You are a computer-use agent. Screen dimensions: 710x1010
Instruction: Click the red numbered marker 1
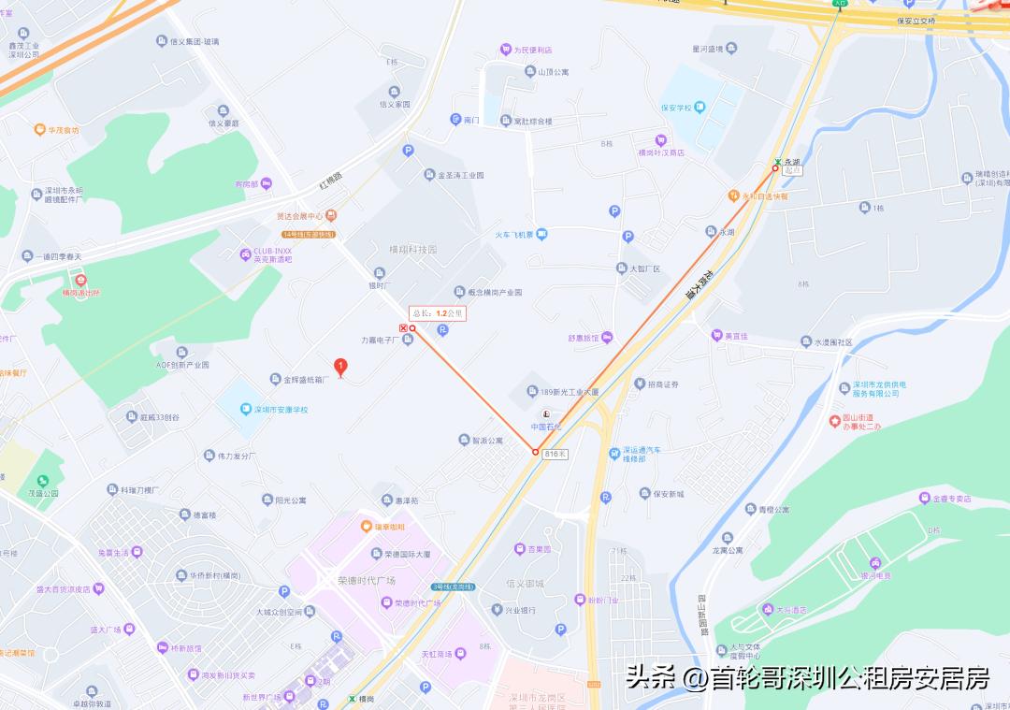point(341,367)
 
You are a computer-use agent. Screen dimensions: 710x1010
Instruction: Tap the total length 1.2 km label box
point(437,313)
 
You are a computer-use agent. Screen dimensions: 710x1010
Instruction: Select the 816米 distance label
point(556,453)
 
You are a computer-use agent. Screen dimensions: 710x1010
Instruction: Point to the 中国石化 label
point(550,426)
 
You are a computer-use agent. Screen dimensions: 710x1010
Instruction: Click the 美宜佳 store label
point(729,335)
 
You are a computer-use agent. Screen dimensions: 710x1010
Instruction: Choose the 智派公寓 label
point(487,440)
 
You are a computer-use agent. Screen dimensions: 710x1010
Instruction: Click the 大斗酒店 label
point(791,609)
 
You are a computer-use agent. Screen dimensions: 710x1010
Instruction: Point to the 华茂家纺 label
point(64,130)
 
